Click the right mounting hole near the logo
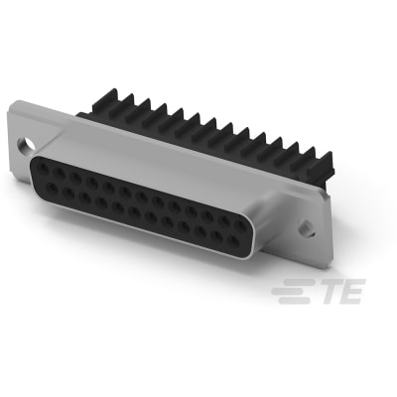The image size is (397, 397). (x=308, y=228)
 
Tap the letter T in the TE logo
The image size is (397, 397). (x=322, y=291)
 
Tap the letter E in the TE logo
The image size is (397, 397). (x=348, y=291)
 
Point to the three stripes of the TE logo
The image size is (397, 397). (x=290, y=291)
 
